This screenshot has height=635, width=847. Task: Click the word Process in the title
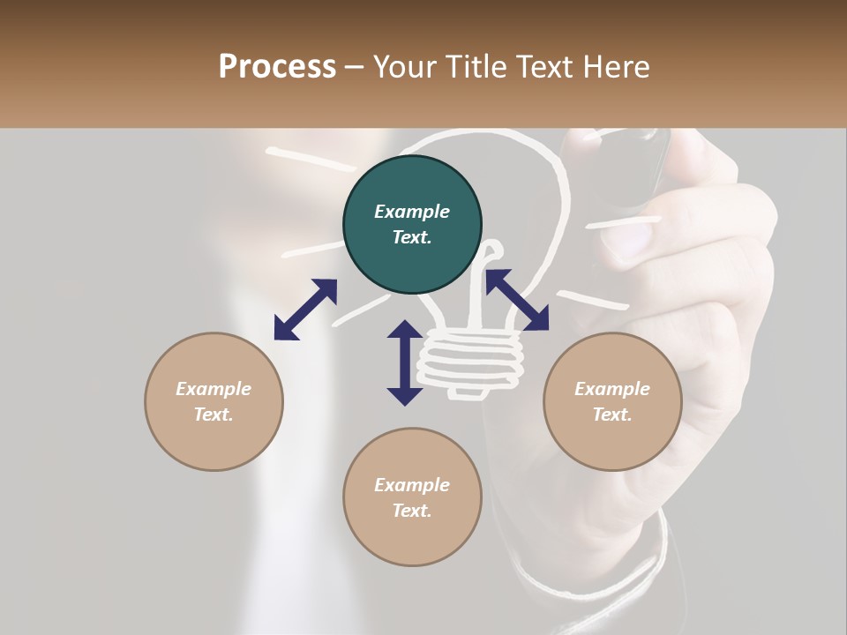coord(277,67)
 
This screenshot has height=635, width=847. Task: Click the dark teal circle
coord(412,224)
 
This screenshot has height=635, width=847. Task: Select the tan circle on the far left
coord(214,401)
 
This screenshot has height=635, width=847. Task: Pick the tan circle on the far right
coord(612,401)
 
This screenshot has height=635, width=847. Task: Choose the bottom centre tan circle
coord(412,497)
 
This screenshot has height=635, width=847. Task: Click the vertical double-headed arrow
coord(405,362)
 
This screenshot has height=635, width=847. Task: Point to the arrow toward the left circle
coord(305,310)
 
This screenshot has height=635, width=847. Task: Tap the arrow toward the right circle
coord(517,300)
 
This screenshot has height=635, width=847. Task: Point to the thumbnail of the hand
coord(629,240)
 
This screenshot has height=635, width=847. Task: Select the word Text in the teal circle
coord(411,237)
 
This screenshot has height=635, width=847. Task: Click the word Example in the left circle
coord(214,389)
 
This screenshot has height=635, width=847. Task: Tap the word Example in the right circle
coord(612,389)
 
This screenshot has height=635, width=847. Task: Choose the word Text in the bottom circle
coord(411,511)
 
